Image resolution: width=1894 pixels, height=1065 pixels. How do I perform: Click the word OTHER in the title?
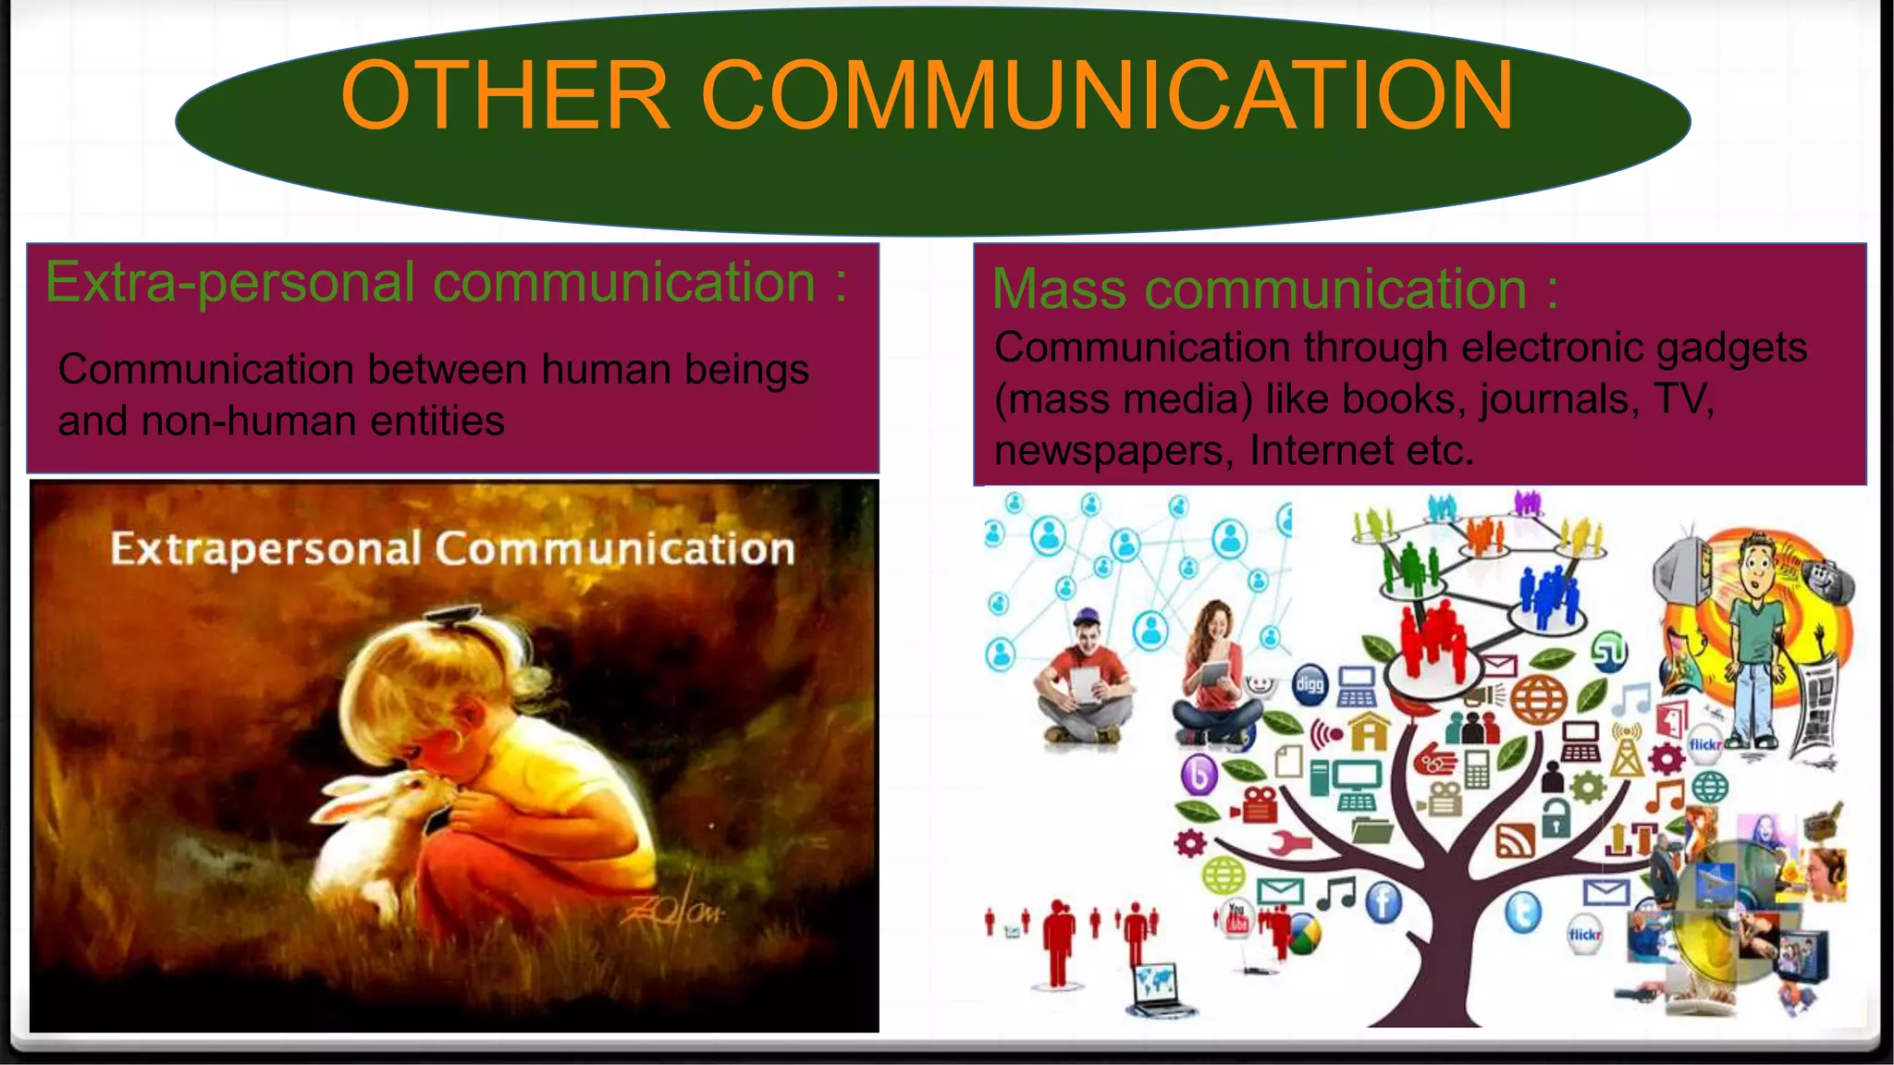click(x=505, y=95)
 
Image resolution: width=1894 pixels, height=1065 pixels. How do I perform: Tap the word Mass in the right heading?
click(x=1059, y=288)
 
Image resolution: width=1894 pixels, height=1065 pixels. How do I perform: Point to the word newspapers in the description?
click(x=1113, y=451)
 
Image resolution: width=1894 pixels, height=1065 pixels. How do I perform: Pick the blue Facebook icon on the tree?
click(x=1384, y=902)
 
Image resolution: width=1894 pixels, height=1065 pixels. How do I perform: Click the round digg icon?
click(x=1310, y=685)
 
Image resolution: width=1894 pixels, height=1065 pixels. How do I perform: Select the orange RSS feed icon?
click(x=1515, y=840)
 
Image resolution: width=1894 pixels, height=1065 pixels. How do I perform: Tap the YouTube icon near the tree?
click(x=1236, y=918)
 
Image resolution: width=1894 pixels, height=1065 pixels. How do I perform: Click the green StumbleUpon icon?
click(x=1609, y=654)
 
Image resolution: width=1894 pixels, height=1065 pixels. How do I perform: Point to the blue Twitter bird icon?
click(x=1523, y=912)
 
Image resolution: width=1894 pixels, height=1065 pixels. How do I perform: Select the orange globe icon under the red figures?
click(x=1539, y=700)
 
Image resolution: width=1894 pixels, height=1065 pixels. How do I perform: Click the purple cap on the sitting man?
click(x=1088, y=616)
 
